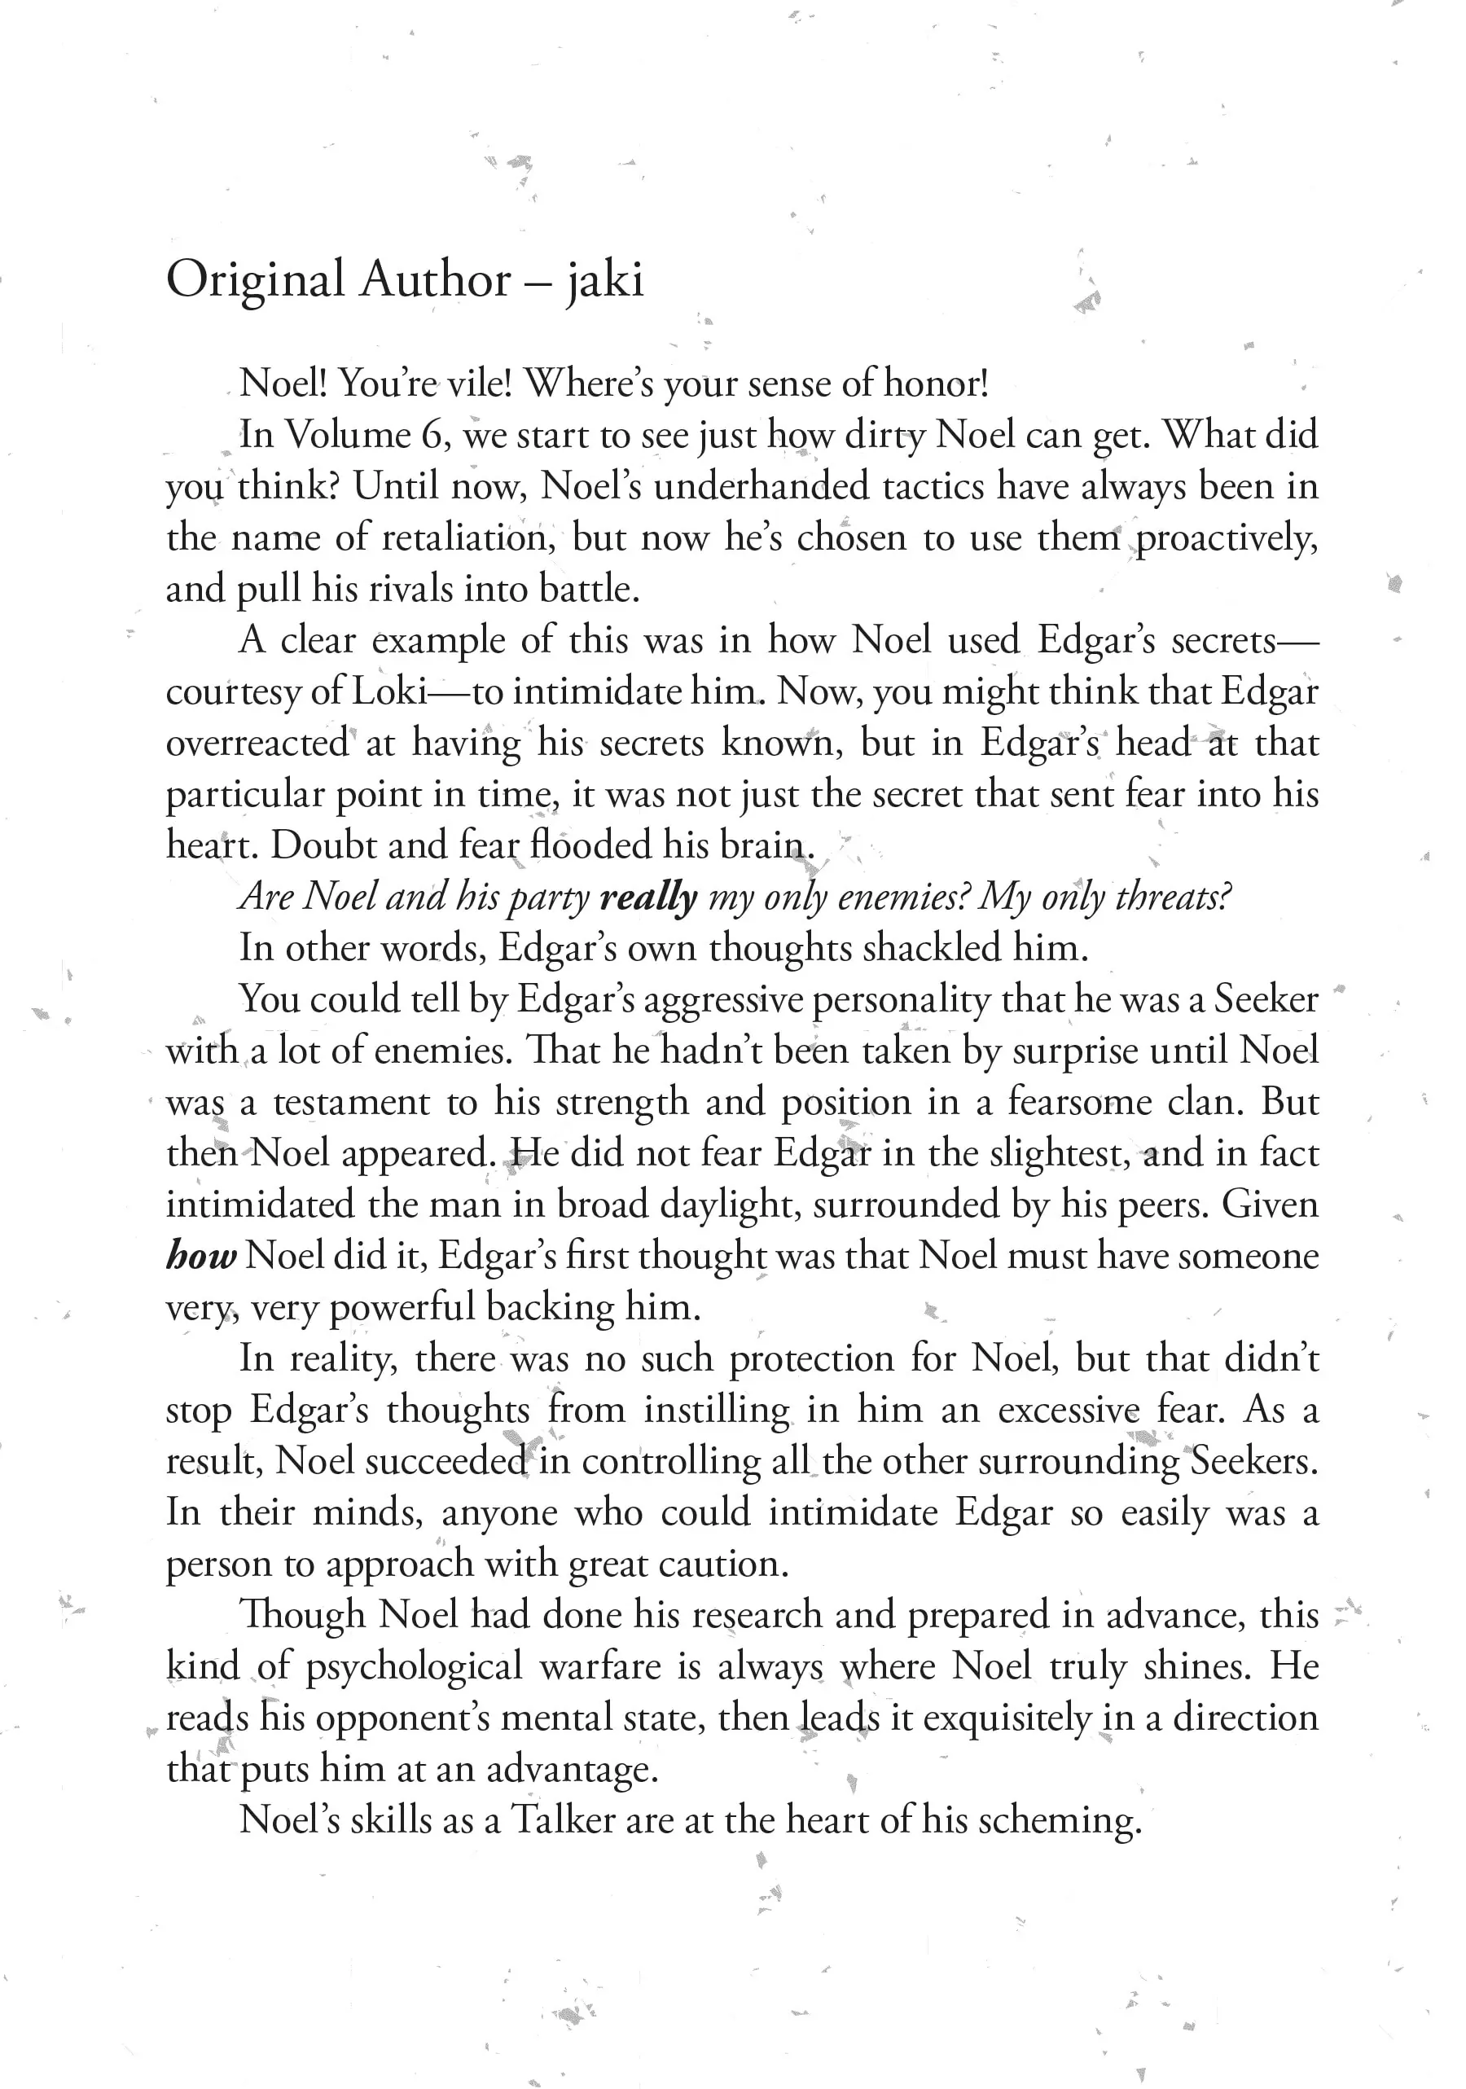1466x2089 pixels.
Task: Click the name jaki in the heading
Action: coord(605,280)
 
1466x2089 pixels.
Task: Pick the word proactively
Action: coord(1226,538)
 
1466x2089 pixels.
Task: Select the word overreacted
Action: coord(257,744)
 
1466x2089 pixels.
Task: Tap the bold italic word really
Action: coord(649,897)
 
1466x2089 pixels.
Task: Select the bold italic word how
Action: coord(201,1257)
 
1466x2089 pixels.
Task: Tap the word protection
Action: coord(812,1359)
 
